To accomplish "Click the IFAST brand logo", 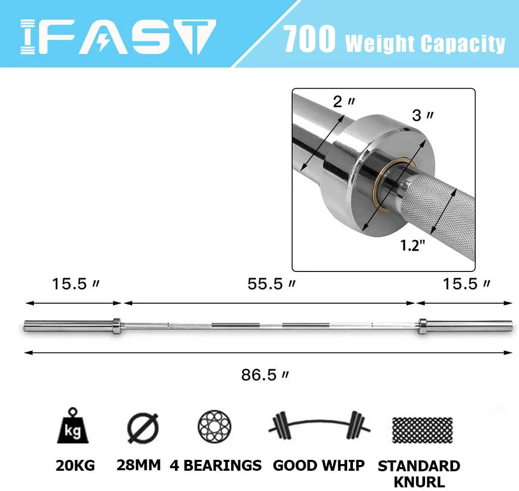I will pos(117,37).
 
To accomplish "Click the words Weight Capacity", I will pos(425,43).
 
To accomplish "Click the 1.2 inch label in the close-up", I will pos(413,245).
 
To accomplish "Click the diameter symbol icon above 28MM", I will pos(142,428).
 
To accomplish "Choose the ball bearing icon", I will pos(214,427).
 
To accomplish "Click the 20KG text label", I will pos(75,466).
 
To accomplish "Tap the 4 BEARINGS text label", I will pos(215,466).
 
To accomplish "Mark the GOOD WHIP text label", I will pos(319,466).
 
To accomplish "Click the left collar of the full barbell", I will pos(116,326).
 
